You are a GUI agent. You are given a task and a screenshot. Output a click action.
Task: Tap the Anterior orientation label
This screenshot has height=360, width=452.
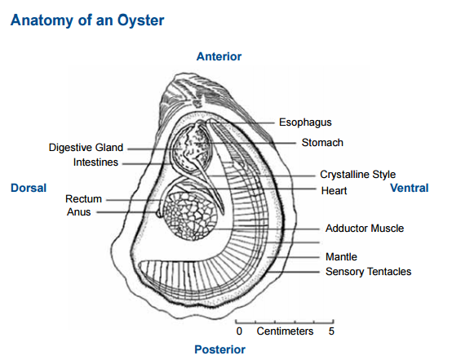[x=219, y=56]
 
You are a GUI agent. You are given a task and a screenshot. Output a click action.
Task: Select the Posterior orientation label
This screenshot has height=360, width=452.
[x=219, y=349]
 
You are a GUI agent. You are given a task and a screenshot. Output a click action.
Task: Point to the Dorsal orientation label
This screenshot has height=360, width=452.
[x=29, y=188]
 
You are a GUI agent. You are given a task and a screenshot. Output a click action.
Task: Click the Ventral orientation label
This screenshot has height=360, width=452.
[x=409, y=188]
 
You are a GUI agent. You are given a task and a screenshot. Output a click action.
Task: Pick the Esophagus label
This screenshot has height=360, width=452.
[x=305, y=122]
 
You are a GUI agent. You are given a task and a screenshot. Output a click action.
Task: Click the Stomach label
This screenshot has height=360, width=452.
[x=322, y=142]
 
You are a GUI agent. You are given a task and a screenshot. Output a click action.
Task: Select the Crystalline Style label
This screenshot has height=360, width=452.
[x=357, y=174]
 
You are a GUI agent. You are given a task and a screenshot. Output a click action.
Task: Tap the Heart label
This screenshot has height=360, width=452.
[x=335, y=190]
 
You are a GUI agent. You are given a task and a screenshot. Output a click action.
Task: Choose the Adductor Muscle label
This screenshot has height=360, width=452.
[x=364, y=229]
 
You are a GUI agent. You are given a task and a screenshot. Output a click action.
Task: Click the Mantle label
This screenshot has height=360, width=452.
[x=341, y=256]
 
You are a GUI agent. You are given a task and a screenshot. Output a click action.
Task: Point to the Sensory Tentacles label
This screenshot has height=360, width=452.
[x=368, y=271]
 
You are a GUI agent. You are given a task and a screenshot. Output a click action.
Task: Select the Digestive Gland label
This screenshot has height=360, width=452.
[x=86, y=148]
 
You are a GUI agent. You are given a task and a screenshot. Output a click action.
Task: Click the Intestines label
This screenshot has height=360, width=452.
[x=95, y=162]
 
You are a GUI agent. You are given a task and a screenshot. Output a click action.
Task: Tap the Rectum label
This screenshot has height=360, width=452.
[x=83, y=198]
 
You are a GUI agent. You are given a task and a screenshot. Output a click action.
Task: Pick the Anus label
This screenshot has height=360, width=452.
[x=79, y=212]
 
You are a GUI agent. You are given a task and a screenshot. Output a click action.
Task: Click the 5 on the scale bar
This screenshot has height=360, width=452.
[x=331, y=331]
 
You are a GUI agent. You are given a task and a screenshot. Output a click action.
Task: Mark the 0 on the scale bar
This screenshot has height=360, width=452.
[x=239, y=331]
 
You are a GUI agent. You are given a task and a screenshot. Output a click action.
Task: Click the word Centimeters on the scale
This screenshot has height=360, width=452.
[x=285, y=331]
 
